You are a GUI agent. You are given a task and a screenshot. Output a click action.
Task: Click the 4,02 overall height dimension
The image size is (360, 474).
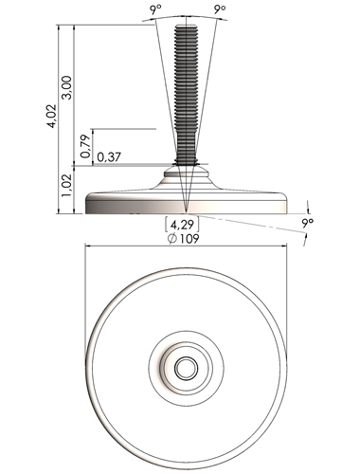coord(51,116)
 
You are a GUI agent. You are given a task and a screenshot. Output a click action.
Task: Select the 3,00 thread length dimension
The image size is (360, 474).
coord(67,87)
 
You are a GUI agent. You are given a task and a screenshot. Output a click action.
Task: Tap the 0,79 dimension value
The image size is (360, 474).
coord(85,146)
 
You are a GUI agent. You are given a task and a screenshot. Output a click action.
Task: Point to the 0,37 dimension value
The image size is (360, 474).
coord(109,156)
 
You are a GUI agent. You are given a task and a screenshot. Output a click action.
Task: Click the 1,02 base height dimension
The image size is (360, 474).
coord(67,186)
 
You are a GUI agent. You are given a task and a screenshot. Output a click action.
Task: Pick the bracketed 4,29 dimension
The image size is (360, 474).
coord(182,225)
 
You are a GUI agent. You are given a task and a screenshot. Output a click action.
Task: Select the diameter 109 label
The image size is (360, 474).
coord(184,239)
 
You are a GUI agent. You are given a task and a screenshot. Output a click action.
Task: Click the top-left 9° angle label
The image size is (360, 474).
coord(155,10)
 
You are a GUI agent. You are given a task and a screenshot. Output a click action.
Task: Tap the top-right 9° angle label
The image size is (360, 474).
coord(220,9)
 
